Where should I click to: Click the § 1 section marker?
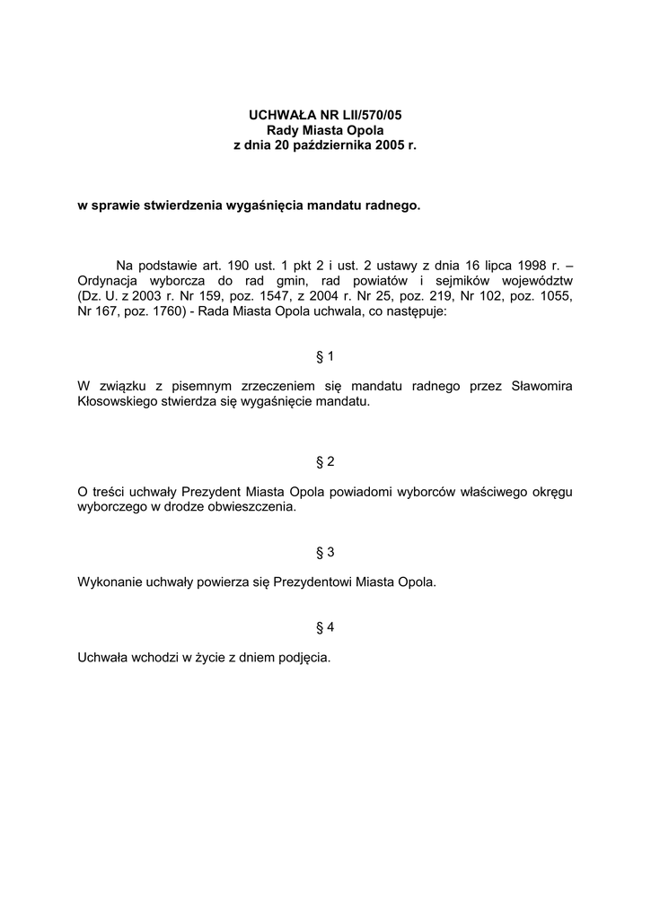(x=325, y=356)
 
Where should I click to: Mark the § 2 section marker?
(x=325, y=461)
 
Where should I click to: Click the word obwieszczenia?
(x=251, y=507)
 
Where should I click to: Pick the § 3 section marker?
(x=325, y=551)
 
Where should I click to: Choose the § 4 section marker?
(x=325, y=626)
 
